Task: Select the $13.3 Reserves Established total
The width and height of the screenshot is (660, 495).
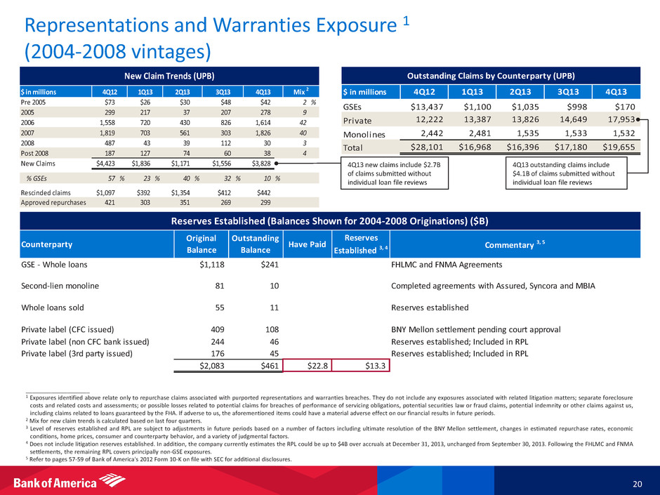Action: (x=363, y=365)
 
